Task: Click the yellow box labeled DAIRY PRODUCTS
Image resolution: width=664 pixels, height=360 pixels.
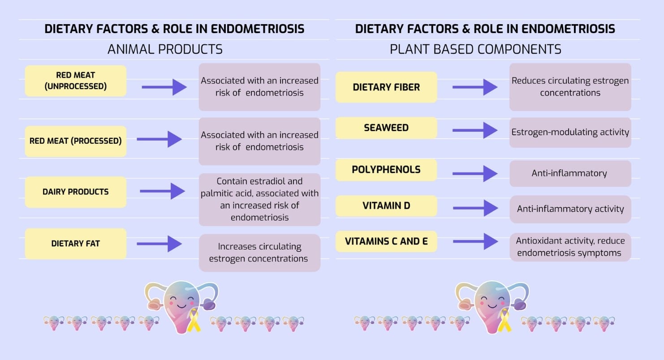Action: click(x=75, y=192)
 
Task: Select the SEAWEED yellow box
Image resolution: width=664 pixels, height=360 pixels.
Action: click(x=386, y=128)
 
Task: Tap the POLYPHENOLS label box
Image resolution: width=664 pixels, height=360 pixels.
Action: click(x=386, y=170)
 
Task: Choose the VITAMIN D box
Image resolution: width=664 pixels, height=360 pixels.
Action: click(x=386, y=206)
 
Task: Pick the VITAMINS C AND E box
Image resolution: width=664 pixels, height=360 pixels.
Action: click(x=386, y=241)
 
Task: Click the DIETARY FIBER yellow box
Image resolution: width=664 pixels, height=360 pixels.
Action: click(x=386, y=87)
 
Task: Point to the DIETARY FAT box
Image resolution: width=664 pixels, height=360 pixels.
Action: click(x=75, y=244)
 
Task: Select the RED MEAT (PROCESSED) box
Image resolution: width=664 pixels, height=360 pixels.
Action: click(x=75, y=141)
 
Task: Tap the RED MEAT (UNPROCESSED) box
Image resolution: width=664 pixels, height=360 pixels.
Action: click(x=75, y=81)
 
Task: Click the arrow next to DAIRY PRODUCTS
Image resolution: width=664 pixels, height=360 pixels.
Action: click(x=162, y=191)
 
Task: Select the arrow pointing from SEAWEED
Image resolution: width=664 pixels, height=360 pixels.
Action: click(x=475, y=130)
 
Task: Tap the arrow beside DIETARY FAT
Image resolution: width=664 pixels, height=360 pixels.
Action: click(x=159, y=244)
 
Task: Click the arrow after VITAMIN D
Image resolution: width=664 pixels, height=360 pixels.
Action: click(x=475, y=208)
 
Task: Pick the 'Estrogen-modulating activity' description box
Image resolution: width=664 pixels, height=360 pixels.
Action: click(x=570, y=133)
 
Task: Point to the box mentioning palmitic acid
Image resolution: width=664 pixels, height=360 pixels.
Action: click(x=259, y=199)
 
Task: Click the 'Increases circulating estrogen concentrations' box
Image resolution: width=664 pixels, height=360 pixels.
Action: click(x=259, y=253)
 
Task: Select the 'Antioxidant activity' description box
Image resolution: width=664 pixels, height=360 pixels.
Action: click(x=570, y=247)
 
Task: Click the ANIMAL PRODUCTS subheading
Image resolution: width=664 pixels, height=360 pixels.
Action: click(x=165, y=49)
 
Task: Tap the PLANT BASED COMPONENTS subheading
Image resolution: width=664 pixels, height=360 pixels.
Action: click(x=475, y=49)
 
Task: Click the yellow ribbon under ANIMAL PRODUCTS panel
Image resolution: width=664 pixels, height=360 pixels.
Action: click(x=194, y=321)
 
